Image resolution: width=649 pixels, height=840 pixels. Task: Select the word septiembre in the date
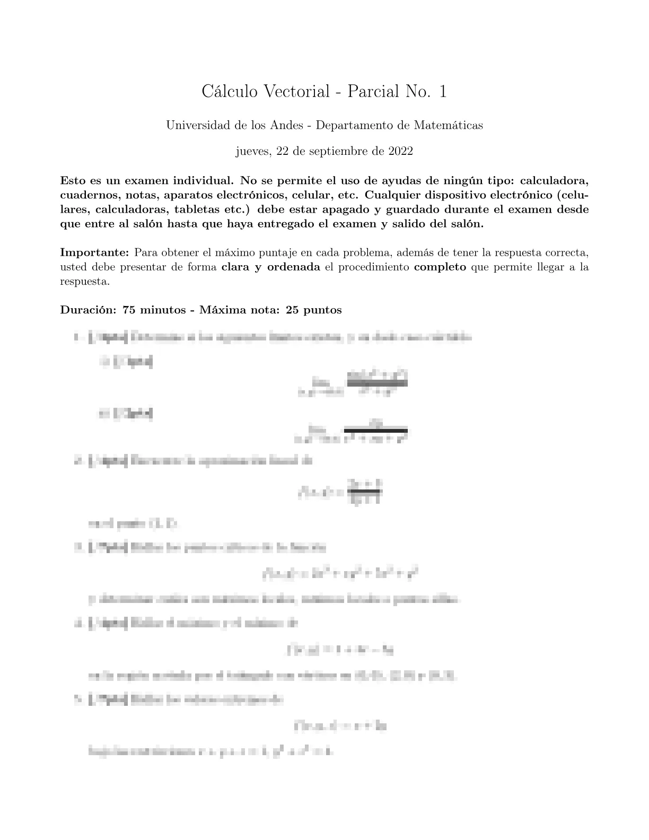pyautogui.click(x=344, y=152)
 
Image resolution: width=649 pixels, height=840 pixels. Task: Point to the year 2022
pyautogui.click(x=400, y=151)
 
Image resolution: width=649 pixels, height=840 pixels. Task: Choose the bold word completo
pyautogui.click(x=440, y=267)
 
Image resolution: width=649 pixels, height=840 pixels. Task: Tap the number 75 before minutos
pyautogui.click(x=128, y=310)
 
